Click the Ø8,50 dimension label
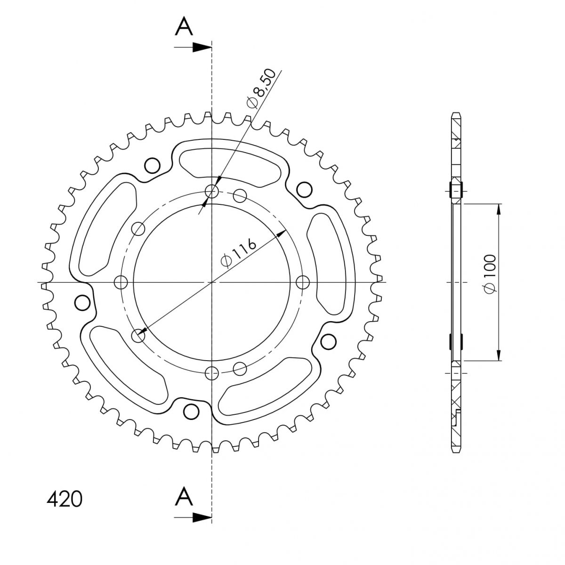(x=262, y=89)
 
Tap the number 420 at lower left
(x=65, y=499)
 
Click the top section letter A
(x=184, y=26)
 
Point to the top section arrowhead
(x=202, y=47)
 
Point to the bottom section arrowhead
(x=202, y=517)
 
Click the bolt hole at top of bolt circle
(x=211, y=192)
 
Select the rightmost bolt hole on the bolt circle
(x=302, y=282)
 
